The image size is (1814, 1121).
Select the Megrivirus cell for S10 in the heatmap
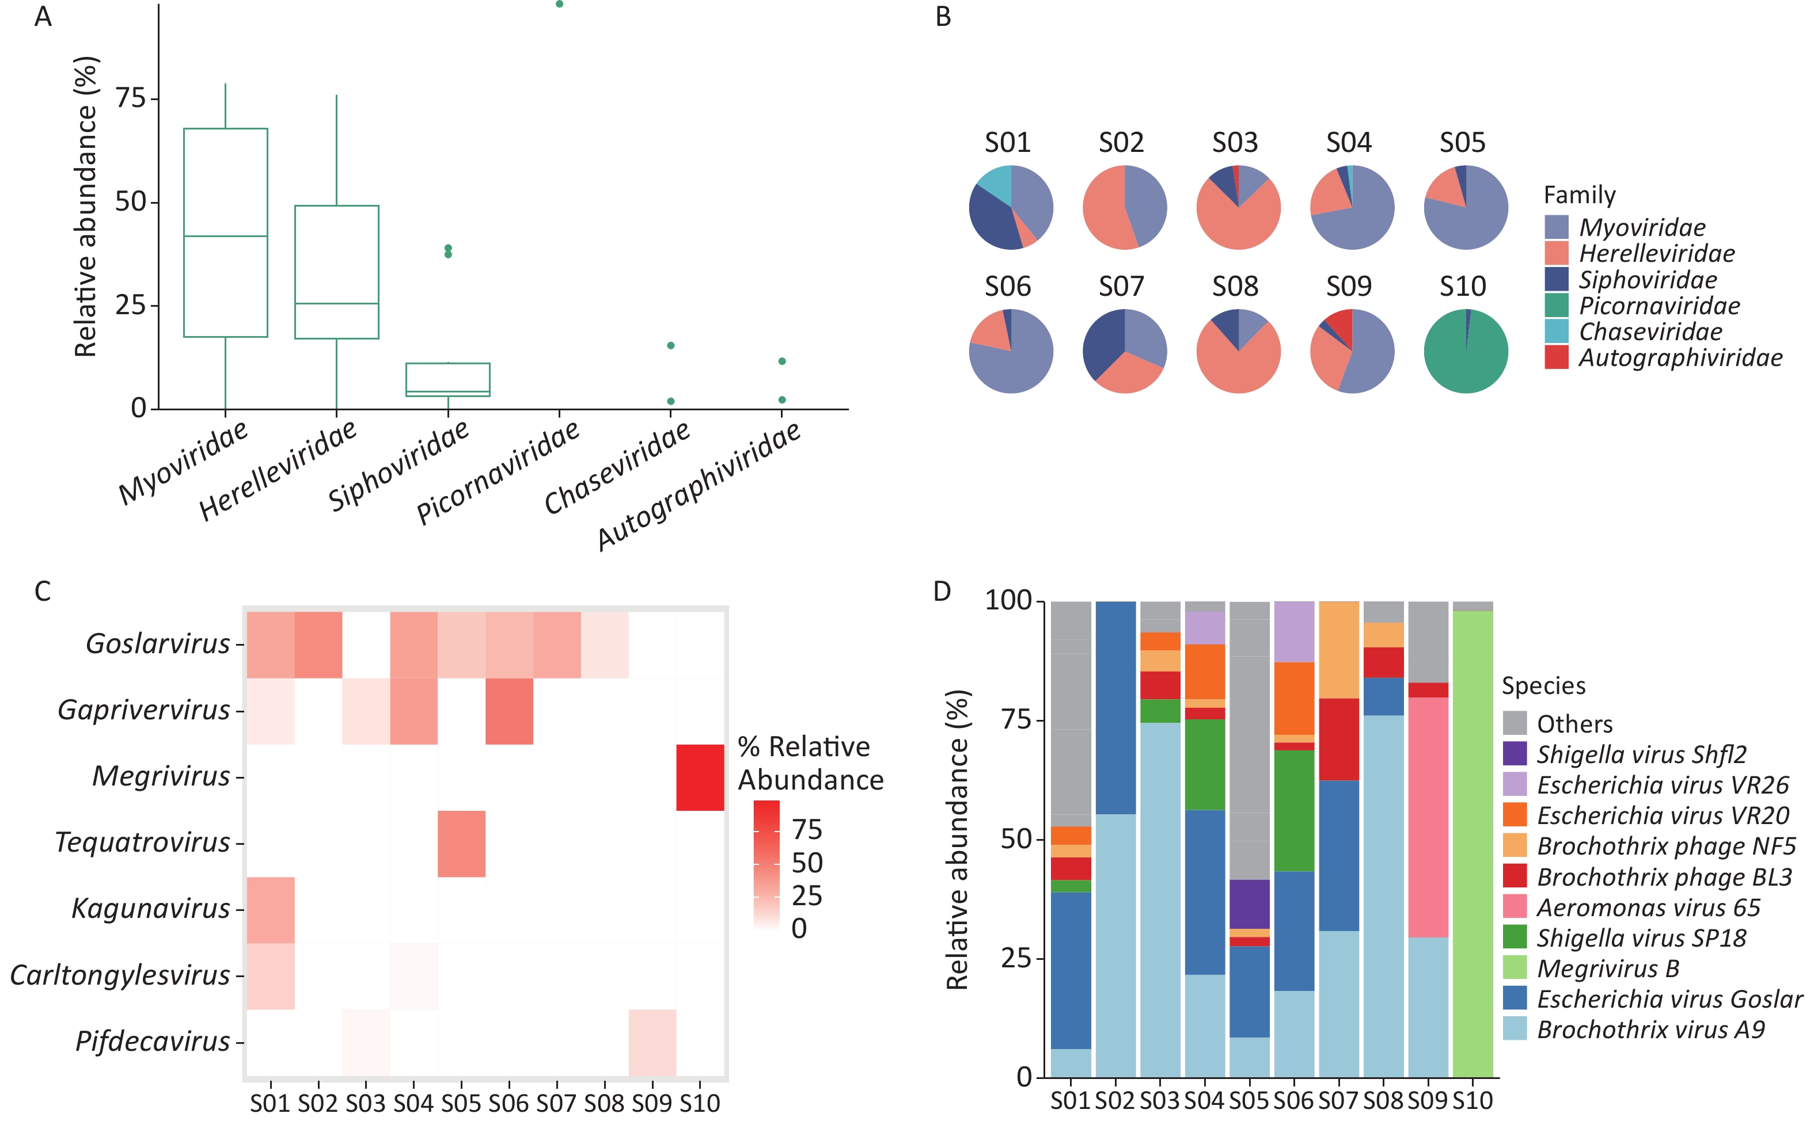pyautogui.click(x=700, y=777)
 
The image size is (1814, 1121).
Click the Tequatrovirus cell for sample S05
pyautogui.click(x=461, y=844)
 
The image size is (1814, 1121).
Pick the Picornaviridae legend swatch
pyautogui.click(x=1557, y=306)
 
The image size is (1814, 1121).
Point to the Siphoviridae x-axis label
pyautogui.click(x=399, y=465)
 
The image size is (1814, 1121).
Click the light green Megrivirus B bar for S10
pyautogui.click(x=1473, y=844)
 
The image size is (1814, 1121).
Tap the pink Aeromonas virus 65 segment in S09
pyautogui.click(x=1428, y=817)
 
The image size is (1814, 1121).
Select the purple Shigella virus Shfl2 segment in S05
pyautogui.click(x=1250, y=904)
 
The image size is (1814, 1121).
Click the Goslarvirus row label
pyautogui.click(x=158, y=643)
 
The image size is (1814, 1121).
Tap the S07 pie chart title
pyautogui.click(x=1121, y=286)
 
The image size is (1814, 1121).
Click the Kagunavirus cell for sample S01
pyautogui.click(x=271, y=910)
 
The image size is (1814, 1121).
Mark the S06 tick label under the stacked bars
pyautogui.click(x=1293, y=1100)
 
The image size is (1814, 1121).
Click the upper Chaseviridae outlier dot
pyautogui.click(x=671, y=345)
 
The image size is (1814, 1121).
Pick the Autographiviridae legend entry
pyautogui.click(x=1663, y=358)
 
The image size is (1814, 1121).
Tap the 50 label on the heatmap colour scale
pyautogui.click(x=807, y=863)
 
